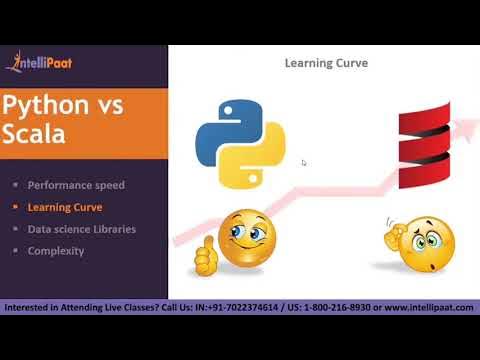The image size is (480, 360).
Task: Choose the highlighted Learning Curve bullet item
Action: pyautogui.click(x=64, y=207)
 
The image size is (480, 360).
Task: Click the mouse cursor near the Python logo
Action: pyautogui.click(x=303, y=162)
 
